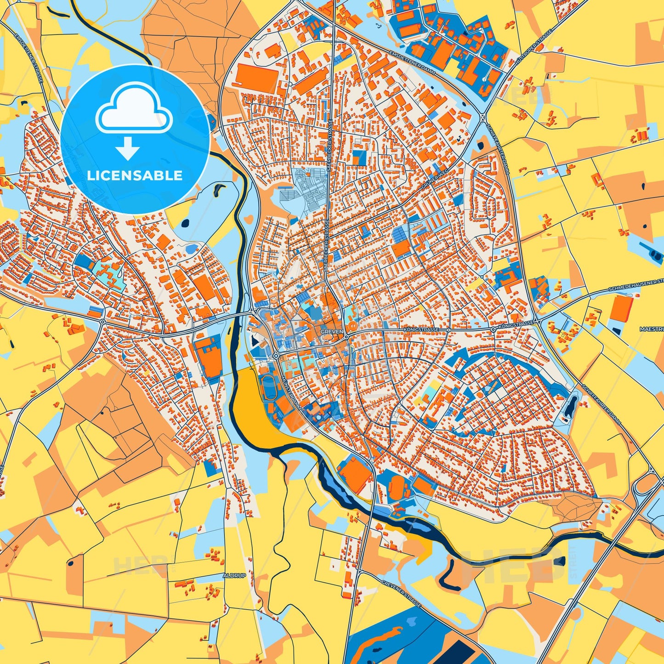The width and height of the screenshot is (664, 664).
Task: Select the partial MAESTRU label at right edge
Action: click(651, 329)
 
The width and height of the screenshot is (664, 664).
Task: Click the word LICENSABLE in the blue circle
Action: click(135, 176)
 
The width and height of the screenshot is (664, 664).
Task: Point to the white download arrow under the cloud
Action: click(128, 148)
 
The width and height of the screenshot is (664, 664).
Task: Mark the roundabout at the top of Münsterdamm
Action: click(276, 356)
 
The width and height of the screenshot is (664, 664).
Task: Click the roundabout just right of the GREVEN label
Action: click(346, 336)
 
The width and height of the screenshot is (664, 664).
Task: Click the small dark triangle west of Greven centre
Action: click(255, 341)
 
